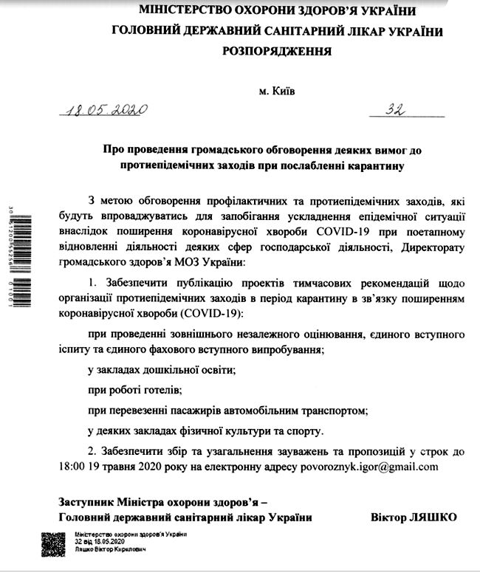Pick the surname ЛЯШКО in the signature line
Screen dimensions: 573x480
[x=430, y=517]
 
